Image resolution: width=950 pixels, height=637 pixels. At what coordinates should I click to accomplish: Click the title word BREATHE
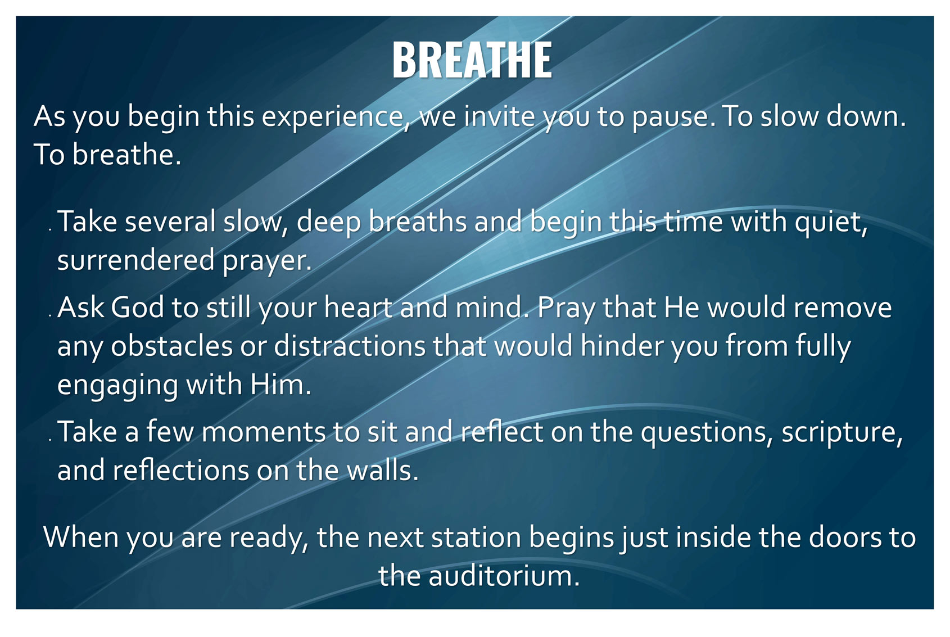pos(472,60)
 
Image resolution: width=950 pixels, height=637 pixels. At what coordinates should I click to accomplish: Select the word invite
pos(499,116)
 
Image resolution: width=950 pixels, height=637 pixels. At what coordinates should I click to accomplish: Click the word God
pos(138,307)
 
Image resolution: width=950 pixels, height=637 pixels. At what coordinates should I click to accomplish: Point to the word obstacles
pos(172,346)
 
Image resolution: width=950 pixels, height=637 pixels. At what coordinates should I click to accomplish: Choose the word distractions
pos(350,346)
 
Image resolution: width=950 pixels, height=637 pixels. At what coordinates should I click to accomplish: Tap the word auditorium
pos(504,576)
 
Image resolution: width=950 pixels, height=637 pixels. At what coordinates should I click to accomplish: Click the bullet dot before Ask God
pos(50,315)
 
